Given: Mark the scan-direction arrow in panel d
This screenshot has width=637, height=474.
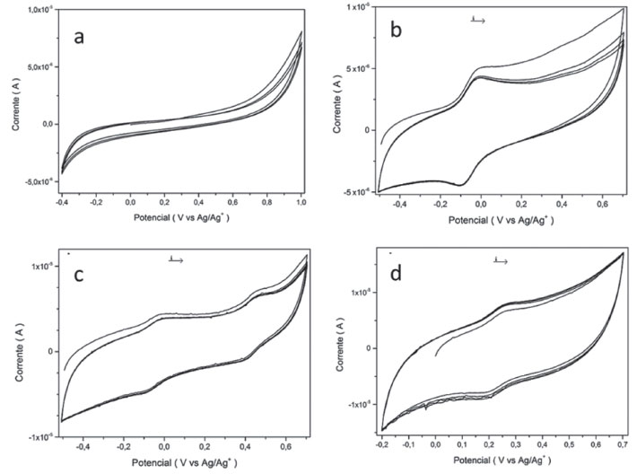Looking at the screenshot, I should pyautogui.click(x=501, y=260).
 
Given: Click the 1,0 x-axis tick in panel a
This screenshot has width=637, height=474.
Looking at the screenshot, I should pyautogui.click(x=301, y=203).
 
